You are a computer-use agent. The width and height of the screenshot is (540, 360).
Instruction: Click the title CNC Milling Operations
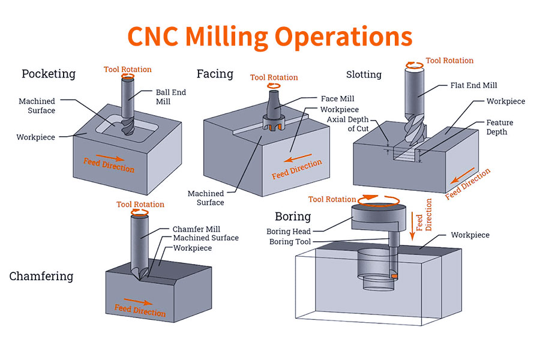270,36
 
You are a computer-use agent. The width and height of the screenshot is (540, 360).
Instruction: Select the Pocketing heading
49,74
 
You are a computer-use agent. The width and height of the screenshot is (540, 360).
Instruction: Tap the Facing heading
215,74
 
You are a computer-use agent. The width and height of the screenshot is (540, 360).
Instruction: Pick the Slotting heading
364,74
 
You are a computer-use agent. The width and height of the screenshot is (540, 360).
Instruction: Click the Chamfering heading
41,277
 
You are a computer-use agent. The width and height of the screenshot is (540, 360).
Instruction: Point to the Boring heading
293,216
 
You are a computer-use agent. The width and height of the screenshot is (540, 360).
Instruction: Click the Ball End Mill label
171,97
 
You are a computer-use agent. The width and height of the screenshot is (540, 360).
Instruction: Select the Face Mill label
338,98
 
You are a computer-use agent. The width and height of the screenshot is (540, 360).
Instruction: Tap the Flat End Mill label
473,85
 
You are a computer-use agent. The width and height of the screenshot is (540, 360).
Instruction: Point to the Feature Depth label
499,127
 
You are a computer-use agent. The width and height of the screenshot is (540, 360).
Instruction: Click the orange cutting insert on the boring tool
394,275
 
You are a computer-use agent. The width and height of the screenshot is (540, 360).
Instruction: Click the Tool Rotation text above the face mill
274,77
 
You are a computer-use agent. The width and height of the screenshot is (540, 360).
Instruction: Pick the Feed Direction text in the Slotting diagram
468,183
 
